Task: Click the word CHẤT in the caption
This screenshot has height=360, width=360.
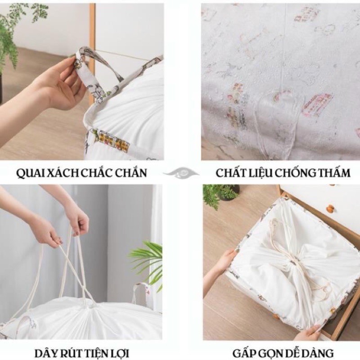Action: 230,173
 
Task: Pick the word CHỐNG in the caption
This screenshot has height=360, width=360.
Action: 293,173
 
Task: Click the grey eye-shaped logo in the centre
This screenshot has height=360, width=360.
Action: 180,172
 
